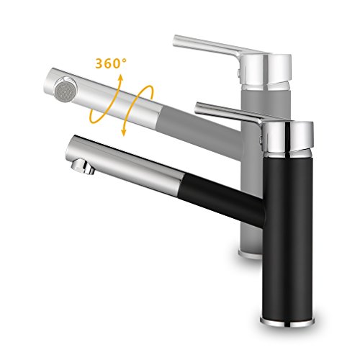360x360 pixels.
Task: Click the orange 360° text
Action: coord(111,63)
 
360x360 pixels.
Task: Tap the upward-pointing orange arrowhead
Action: coord(120,78)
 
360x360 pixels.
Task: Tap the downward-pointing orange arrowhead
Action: coord(124,132)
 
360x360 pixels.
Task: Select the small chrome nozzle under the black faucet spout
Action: coord(83,166)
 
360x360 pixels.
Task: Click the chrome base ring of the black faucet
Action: coord(287,322)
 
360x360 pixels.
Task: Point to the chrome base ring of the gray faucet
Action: coord(250,254)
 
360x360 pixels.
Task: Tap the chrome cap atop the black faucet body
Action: coord(289,139)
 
